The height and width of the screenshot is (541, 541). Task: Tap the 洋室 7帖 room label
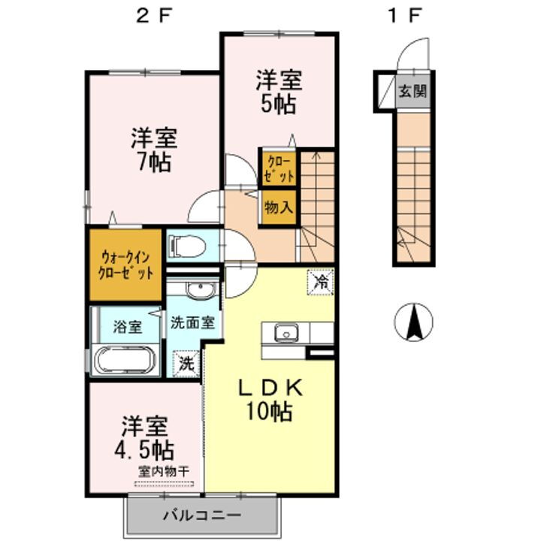click(153, 149)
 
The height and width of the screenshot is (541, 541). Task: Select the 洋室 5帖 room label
click(277, 91)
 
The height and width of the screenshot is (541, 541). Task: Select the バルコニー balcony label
click(201, 517)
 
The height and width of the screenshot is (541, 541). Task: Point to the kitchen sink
click(286, 332)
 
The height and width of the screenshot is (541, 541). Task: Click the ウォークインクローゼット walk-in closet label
click(125, 265)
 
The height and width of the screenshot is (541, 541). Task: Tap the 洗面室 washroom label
click(192, 324)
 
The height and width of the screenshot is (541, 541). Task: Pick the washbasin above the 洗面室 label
click(199, 292)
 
